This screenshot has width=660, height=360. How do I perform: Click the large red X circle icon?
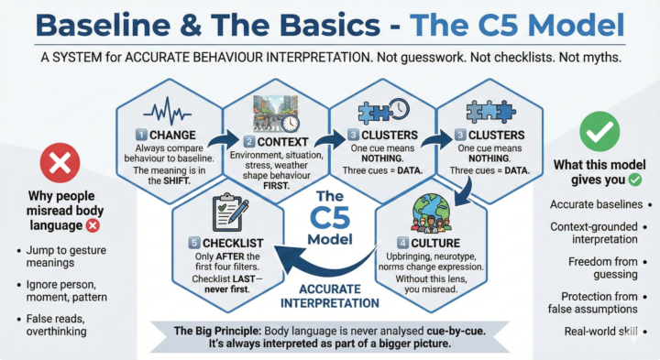pos(59,165)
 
